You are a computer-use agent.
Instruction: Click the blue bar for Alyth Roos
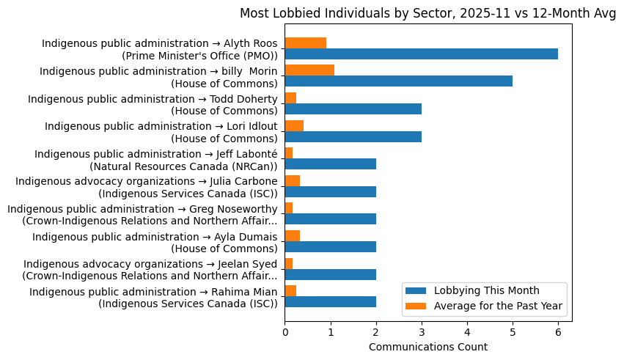(421, 54)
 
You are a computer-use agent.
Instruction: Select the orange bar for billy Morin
(309, 70)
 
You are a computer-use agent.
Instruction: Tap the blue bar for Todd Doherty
(353, 109)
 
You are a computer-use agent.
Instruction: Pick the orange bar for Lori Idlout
(294, 125)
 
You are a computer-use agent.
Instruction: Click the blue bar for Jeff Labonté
(330, 164)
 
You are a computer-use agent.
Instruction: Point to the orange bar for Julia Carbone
(292, 181)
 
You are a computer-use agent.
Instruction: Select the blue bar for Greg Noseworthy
(330, 219)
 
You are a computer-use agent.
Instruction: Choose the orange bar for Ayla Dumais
(292, 236)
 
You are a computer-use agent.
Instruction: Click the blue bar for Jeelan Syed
(330, 274)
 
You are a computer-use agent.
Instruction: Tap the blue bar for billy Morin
(398, 81)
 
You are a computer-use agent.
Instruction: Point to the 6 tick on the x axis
(558, 322)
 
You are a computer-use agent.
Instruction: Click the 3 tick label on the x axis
(422, 332)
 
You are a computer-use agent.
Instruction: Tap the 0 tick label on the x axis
(285, 332)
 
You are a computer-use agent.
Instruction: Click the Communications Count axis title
(427, 347)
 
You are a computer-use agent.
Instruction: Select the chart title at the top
(428, 13)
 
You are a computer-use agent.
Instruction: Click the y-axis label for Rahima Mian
(153, 297)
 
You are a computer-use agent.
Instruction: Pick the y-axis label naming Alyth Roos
(159, 49)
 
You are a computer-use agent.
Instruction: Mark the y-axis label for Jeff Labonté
(156, 159)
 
